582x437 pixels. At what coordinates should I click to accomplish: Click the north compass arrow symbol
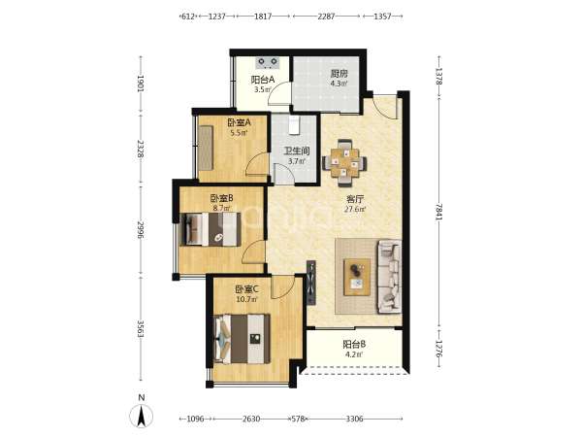(x=141, y=416)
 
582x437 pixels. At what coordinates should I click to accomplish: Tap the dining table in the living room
(x=344, y=163)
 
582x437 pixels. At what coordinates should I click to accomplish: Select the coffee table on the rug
(x=357, y=277)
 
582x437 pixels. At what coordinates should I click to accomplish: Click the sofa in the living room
(x=389, y=277)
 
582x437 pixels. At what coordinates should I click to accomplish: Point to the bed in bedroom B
(x=210, y=229)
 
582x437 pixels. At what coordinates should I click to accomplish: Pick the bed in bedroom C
(x=242, y=339)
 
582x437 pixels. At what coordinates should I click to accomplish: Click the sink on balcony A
(x=268, y=62)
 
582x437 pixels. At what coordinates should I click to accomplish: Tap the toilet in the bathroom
(x=294, y=125)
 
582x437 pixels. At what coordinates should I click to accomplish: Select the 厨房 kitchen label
(x=339, y=74)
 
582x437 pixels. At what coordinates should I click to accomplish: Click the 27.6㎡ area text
(x=355, y=209)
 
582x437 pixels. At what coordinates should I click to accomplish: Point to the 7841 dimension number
(x=439, y=212)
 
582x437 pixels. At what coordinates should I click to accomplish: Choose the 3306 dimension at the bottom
(x=354, y=419)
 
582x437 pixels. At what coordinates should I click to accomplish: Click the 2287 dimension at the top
(x=326, y=17)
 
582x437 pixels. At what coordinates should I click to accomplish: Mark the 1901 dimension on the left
(x=141, y=84)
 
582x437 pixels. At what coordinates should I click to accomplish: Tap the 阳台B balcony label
(x=354, y=345)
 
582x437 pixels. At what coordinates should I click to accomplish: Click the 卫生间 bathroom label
(x=297, y=151)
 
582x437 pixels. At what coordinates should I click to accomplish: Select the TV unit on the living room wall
(x=311, y=283)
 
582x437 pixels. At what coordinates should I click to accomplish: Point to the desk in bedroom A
(x=206, y=148)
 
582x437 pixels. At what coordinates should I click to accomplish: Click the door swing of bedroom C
(x=280, y=287)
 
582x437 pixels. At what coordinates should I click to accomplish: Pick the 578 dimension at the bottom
(x=298, y=419)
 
